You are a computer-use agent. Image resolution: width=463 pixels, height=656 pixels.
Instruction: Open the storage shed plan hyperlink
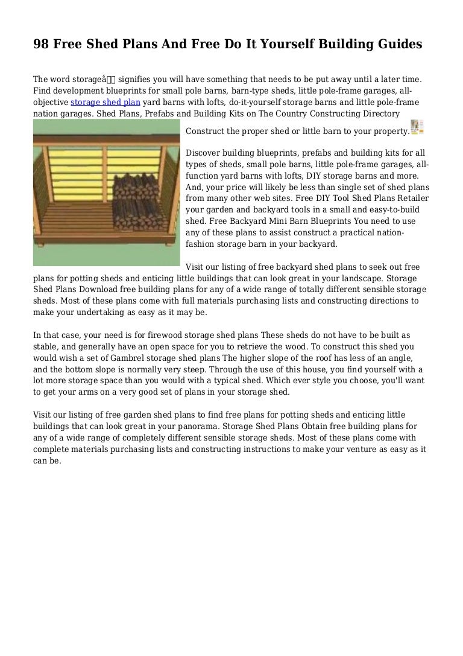pos(106,102)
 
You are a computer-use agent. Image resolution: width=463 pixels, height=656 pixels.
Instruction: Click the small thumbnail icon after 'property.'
pos(418,127)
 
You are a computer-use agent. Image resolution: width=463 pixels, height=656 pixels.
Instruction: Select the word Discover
pos(204,153)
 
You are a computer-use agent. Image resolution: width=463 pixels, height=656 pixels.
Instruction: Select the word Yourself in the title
pos(283,45)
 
